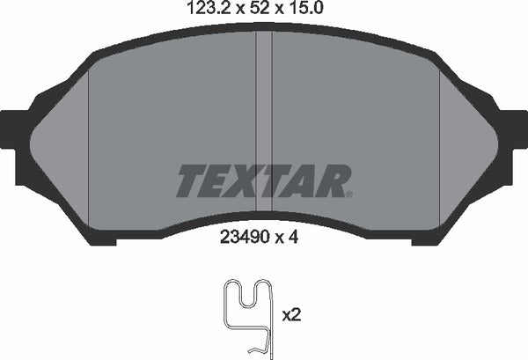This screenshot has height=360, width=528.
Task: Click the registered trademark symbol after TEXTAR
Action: (348, 194)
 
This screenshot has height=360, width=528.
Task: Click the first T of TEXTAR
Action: (194, 181)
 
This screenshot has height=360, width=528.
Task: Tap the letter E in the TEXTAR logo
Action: (222, 181)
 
